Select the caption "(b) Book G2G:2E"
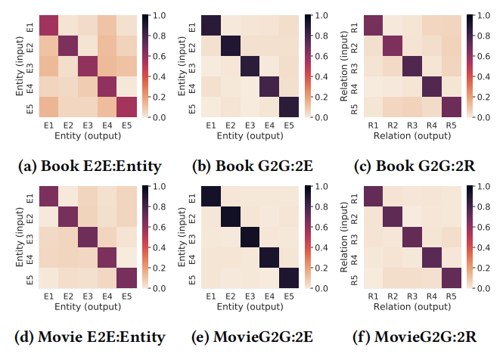[x=251, y=166]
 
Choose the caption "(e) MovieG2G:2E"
[x=251, y=337]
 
